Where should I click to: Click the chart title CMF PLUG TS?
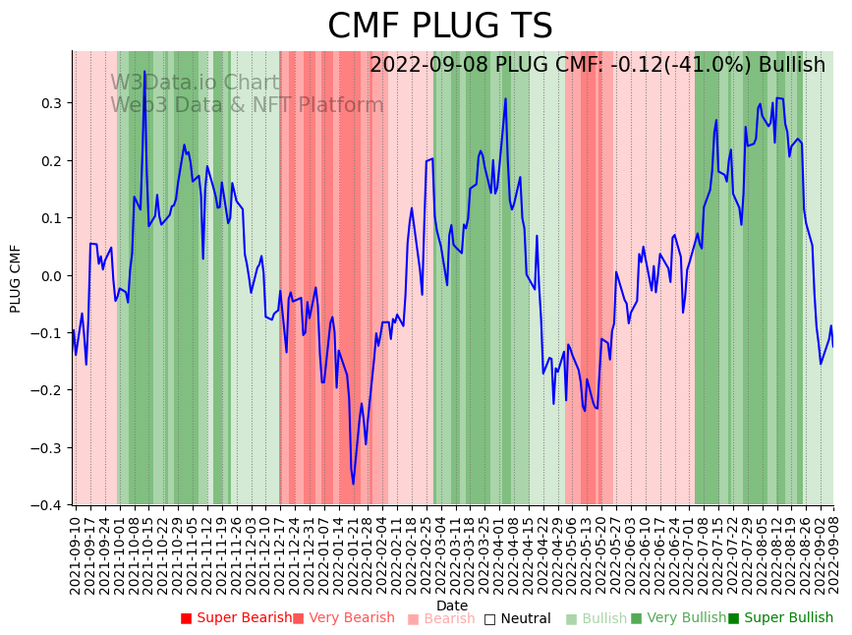[439, 27]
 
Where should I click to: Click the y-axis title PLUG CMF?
[16, 278]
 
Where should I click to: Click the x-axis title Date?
[452, 606]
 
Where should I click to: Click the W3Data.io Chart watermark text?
[195, 84]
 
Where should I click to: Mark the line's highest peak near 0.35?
[144, 72]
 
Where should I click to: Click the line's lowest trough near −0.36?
[353, 483]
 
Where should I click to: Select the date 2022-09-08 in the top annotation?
[428, 65]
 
